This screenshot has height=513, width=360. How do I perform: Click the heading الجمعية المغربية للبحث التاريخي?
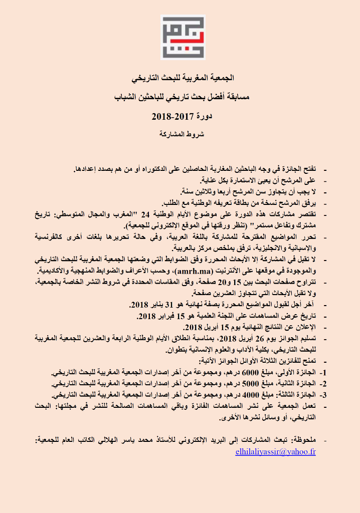179,79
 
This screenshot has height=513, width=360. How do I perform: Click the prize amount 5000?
238,384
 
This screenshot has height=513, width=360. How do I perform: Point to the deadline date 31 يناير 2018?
150,305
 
